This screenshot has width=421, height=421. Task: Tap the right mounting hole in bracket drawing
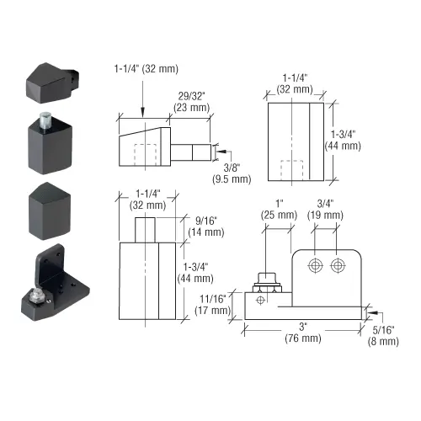click(338, 266)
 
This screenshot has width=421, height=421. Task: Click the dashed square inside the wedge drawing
click(147, 155)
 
